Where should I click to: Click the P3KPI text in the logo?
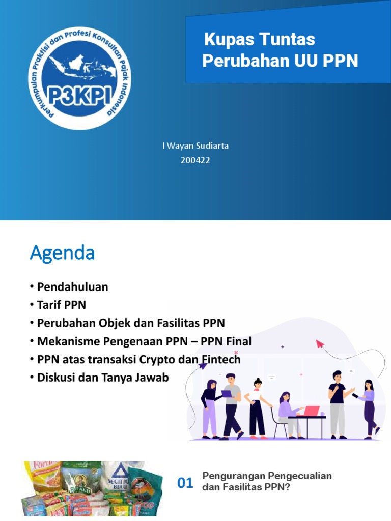pos(78,96)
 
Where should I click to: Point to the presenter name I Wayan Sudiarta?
pos(195,146)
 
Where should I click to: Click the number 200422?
pos(195,160)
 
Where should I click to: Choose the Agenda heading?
pos(62,253)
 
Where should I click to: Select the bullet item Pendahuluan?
pos(72,287)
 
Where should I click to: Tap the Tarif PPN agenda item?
pos(61,305)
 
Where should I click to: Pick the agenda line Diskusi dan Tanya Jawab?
pos(102,378)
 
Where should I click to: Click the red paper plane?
pos(320,344)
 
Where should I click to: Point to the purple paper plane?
pos(203,366)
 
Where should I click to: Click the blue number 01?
pos(185,484)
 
